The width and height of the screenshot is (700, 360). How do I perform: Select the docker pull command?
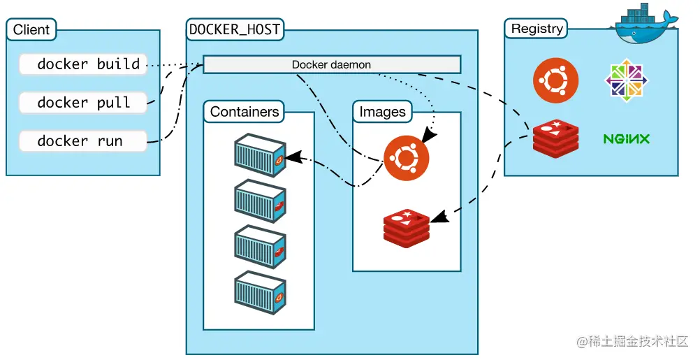84,103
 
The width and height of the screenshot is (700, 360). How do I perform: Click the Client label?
31,30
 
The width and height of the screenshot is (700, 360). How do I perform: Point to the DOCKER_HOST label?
235,30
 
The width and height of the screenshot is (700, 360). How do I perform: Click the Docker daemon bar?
331,65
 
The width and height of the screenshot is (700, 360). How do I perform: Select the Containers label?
245,112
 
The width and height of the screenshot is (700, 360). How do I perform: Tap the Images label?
382,112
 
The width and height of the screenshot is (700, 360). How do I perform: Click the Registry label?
537,29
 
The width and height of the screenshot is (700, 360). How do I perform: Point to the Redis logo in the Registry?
555,138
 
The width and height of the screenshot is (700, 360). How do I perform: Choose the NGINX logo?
626,138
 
